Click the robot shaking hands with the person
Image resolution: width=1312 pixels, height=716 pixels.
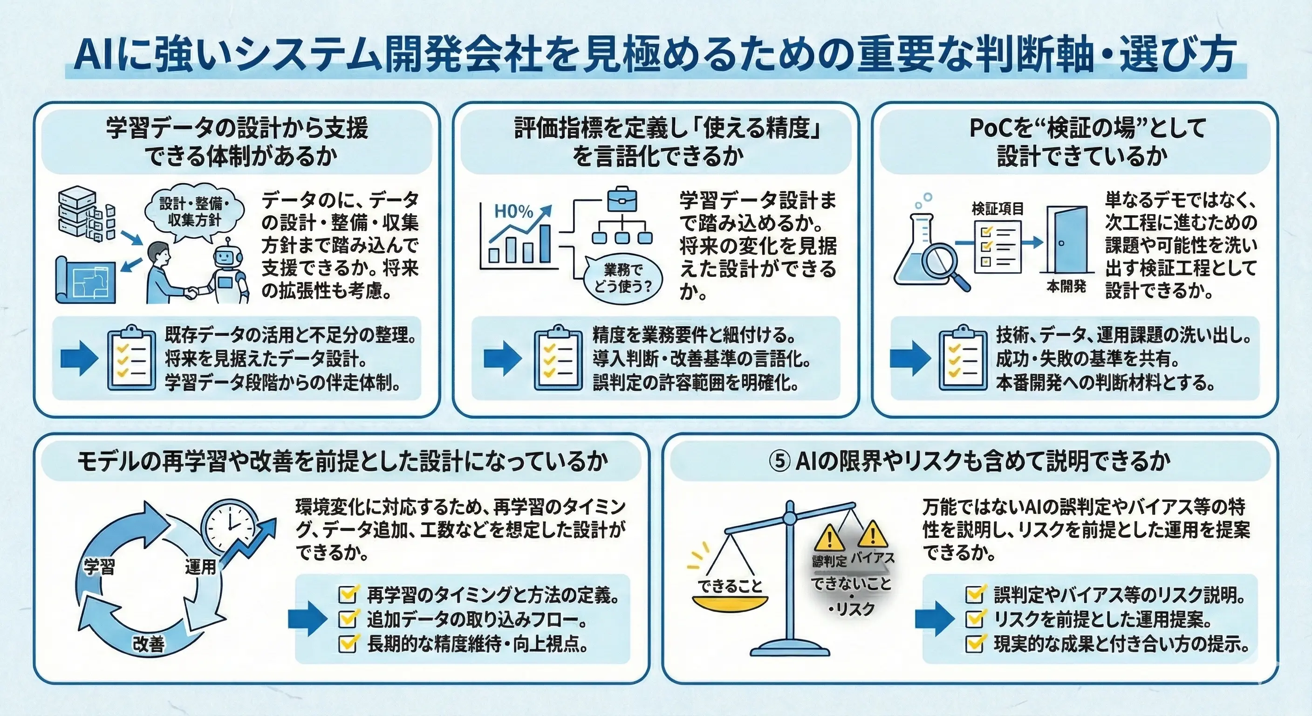227,273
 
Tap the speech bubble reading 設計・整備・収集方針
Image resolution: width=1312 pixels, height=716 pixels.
194,212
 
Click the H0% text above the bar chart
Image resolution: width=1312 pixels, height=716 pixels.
513,211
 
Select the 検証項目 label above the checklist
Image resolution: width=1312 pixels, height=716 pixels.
997,209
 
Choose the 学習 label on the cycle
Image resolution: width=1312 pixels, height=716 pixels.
99,567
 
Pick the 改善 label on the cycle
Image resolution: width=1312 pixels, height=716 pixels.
148,644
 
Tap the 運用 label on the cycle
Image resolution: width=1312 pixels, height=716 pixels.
200,566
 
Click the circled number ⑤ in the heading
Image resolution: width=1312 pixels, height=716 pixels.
779,462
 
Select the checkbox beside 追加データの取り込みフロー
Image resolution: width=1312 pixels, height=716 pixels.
348,619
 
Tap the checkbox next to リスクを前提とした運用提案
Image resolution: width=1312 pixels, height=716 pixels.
974,619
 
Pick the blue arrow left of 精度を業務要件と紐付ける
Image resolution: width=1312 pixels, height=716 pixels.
502,359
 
